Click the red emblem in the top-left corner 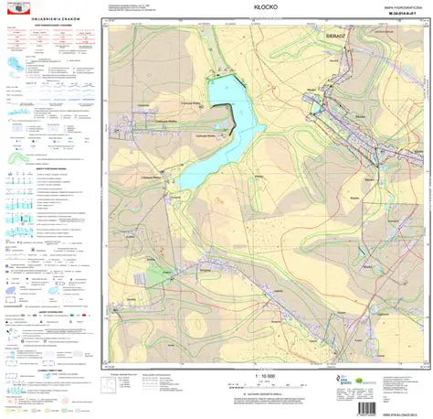click(x=16, y=7)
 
